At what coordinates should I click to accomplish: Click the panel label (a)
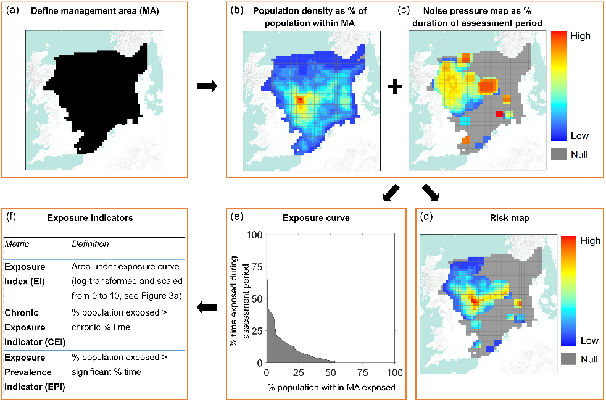tap(14, 10)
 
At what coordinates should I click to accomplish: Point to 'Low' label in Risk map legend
tap(589, 341)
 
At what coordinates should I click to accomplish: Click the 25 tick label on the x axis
tap(298, 372)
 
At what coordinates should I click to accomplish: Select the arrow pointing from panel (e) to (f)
tap(207, 307)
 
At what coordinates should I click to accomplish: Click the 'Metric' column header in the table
tap(18, 245)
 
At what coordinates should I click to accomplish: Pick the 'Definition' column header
tap(91, 245)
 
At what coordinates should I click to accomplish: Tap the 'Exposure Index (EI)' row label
tap(26, 276)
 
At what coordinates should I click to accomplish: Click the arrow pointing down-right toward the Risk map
tap(430, 193)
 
